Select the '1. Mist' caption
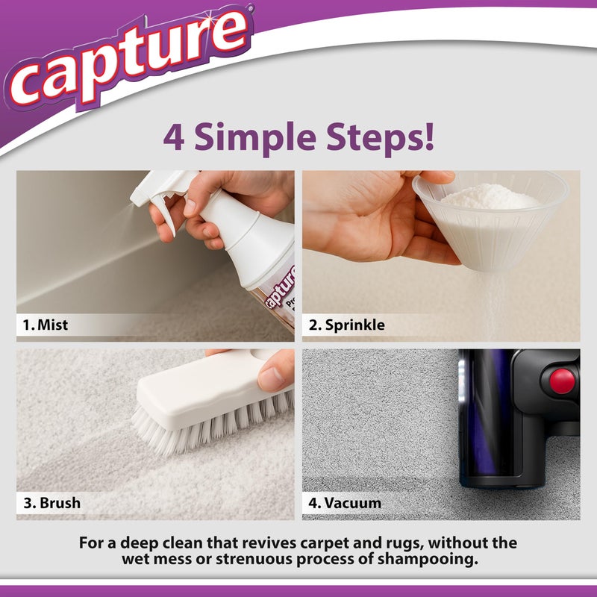45,325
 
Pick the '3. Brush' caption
51,503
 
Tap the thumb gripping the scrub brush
275,370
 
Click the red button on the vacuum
562,381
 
